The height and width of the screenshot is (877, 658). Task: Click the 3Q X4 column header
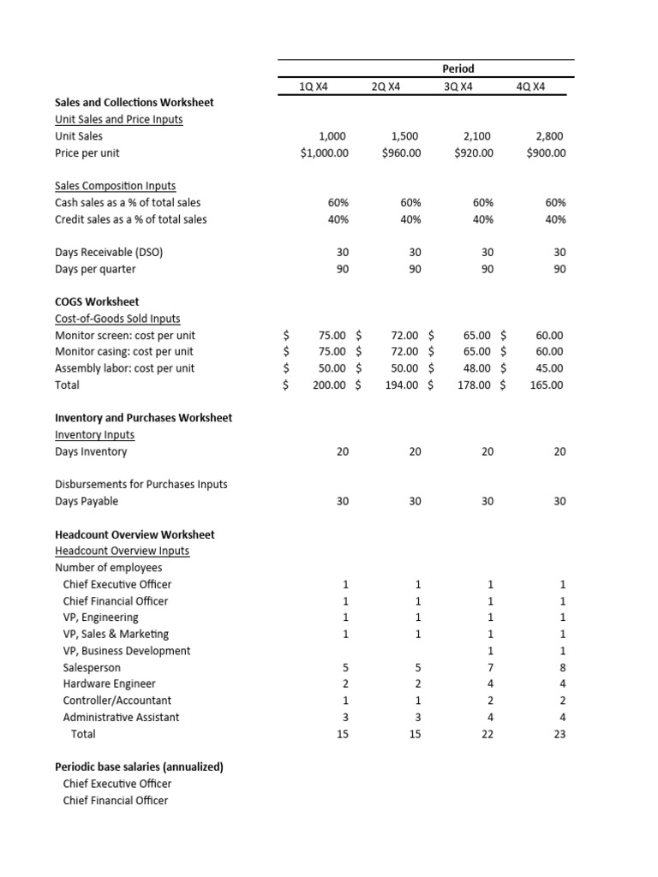point(459,87)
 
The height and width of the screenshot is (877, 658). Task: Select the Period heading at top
point(459,69)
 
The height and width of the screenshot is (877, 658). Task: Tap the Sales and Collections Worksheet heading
point(135,103)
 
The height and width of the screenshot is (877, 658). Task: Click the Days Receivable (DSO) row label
point(109,253)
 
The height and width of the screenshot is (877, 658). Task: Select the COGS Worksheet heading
point(97,302)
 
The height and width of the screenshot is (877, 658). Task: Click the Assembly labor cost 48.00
point(480,368)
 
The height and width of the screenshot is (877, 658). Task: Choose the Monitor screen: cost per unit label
point(125,336)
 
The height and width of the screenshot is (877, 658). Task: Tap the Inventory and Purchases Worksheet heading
point(143,418)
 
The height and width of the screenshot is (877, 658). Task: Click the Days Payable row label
point(87,501)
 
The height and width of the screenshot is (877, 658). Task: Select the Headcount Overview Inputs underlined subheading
point(122,551)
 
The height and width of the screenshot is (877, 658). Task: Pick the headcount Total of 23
point(559,734)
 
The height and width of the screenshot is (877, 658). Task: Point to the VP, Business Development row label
point(127,651)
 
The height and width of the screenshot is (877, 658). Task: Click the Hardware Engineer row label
point(109,684)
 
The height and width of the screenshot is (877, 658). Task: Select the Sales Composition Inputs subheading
point(115,186)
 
